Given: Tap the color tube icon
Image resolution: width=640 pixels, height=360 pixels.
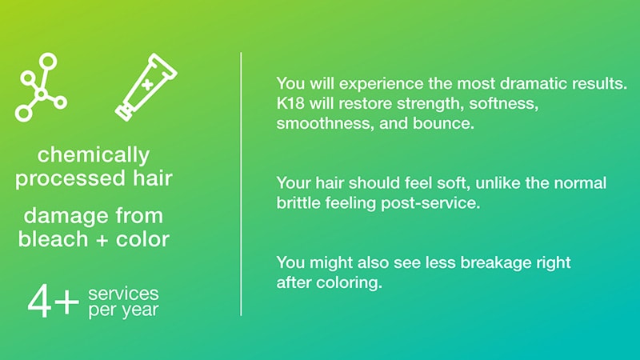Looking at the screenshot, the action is point(146,87).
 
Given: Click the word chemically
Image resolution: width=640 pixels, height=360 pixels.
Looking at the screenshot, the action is point(94,155).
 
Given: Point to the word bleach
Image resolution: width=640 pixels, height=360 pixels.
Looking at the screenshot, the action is point(53,238).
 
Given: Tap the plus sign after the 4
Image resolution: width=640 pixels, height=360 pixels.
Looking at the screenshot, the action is point(66,302).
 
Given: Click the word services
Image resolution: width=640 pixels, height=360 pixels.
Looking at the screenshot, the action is point(123,294).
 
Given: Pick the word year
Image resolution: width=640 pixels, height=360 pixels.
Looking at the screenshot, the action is point(140,310).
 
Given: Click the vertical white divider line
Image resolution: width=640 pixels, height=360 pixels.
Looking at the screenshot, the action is point(241,184).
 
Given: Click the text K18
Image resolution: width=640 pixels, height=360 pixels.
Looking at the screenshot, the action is point(290,103).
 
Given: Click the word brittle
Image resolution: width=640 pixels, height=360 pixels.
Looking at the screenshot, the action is point(298,203).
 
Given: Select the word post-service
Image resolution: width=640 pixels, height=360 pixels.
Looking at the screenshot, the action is point(430,203).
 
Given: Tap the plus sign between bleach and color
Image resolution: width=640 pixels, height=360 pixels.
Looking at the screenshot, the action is point(102,241).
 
